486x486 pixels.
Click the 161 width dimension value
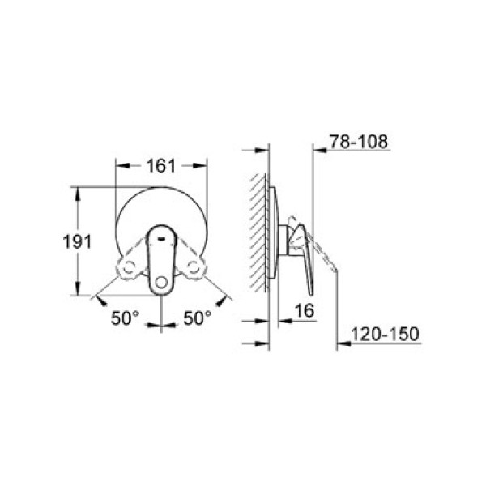162,165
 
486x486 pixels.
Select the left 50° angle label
126,318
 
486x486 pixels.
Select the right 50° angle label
196,318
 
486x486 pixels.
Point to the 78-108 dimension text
359,142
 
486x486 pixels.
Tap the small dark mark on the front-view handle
163,238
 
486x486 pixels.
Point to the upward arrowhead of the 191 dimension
78,193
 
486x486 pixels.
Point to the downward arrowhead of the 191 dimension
78,291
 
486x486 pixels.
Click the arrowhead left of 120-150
343,343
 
